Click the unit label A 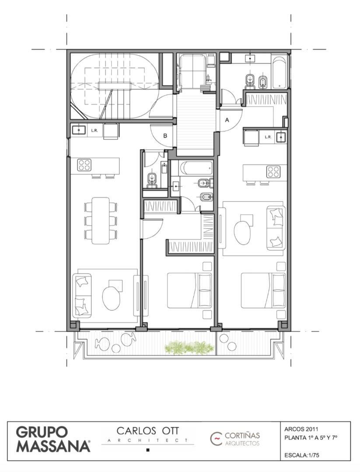pyautogui.click(x=227, y=120)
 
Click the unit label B pyautogui.click(x=165, y=136)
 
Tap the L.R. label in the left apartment pyautogui.click(x=94, y=130)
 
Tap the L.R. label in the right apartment pyautogui.click(x=268, y=137)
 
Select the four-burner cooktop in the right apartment pyautogui.click(x=273, y=172)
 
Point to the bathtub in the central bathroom pyautogui.click(x=196, y=167)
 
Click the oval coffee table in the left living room pyautogui.click(x=111, y=298)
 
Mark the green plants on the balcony pyautogui.click(x=189, y=348)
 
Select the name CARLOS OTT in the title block pyautogui.click(x=148, y=431)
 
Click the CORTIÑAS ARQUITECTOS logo pyautogui.click(x=236, y=439)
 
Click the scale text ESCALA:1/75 pyautogui.click(x=302, y=455)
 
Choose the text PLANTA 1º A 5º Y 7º pyautogui.click(x=311, y=437)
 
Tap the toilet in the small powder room pyautogui.click(x=152, y=178)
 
